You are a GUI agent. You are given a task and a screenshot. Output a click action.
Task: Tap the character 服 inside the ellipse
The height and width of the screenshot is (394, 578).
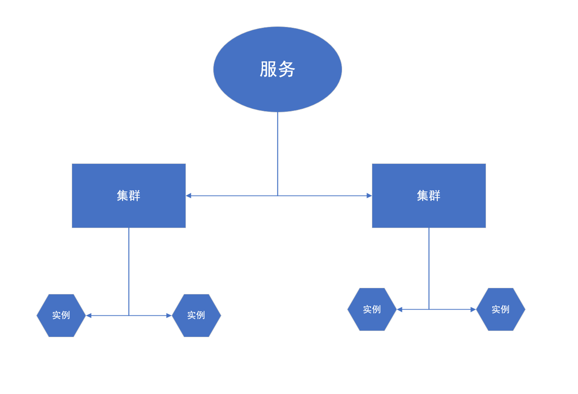(x=268, y=69)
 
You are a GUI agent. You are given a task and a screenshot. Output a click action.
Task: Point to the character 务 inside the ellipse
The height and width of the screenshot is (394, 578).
(x=287, y=69)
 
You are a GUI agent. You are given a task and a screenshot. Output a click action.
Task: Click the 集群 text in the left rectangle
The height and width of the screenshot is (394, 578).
(x=129, y=196)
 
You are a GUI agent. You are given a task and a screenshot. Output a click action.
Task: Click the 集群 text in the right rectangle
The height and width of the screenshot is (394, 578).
(x=429, y=196)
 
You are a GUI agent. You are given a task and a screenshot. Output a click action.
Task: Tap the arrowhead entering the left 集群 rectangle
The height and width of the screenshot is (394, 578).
(x=189, y=196)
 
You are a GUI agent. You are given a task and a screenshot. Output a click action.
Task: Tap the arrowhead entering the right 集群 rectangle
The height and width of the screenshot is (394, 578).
(x=369, y=196)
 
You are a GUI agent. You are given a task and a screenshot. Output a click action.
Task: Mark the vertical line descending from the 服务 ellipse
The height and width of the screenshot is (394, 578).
(x=277, y=152)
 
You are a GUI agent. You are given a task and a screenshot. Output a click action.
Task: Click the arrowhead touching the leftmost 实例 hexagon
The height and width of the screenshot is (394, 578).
(x=89, y=315)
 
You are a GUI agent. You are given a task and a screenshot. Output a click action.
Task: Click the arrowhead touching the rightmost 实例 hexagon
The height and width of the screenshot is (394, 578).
(x=473, y=309)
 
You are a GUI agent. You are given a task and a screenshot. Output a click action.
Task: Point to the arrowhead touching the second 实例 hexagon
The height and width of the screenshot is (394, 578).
(x=169, y=315)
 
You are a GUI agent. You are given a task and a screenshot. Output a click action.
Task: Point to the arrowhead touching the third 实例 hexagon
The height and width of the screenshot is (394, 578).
(x=399, y=309)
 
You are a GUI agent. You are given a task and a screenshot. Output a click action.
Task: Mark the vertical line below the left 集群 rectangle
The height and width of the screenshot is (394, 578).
(x=129, y=272)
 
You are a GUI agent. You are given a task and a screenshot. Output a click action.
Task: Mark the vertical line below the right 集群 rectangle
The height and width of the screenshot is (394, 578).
(x=429, y=268)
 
